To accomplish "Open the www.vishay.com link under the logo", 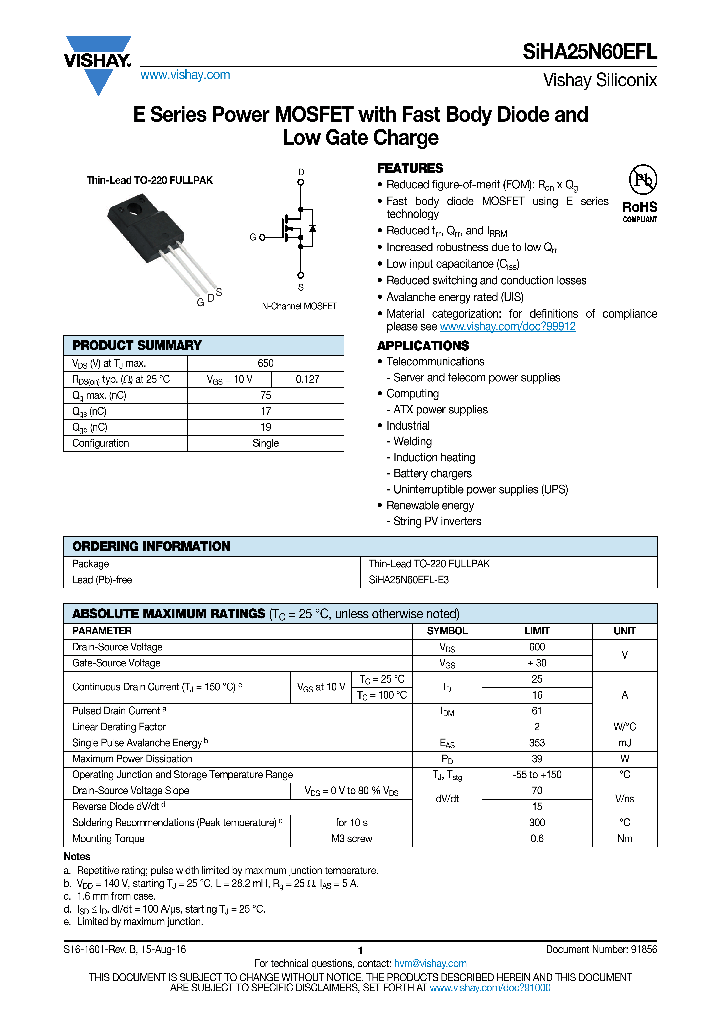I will pos(185,75).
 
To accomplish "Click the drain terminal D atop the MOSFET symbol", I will pos(300,173).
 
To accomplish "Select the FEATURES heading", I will pos(409,168).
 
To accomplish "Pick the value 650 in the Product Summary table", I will pos(265,363).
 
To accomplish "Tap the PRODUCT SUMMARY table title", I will pos(137,345).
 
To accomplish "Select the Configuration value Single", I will pos(265,443).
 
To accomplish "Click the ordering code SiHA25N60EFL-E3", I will pos(409,579).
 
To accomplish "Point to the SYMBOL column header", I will pos(447,631).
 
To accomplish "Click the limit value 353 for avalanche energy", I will pos(537,743).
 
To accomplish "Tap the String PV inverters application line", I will pos(436,521).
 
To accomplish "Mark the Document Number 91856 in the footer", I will pos(601,949).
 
